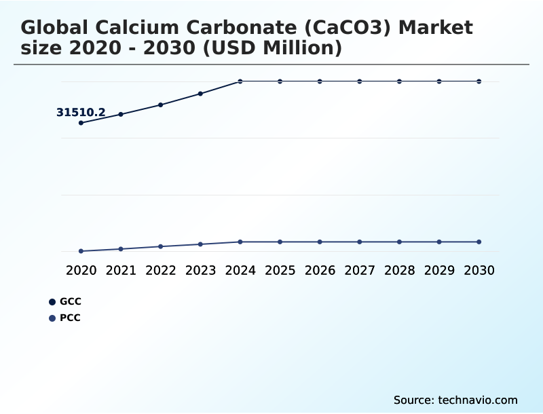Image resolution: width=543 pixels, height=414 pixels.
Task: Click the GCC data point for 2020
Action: [81, 123]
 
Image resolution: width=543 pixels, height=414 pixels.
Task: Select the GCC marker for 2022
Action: [161, 105]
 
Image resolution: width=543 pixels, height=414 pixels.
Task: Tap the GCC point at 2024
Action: [240, 81]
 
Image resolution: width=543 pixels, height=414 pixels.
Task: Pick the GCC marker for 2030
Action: [479, 81]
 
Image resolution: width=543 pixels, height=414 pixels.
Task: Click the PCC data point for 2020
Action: [81, 251]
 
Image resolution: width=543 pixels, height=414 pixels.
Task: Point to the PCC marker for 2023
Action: [200, 244]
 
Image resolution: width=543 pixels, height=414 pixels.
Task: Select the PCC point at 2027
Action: [360, 242]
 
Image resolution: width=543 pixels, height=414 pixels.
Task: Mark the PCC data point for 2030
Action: [479, 242]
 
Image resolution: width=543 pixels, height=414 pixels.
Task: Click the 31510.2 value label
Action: [81, 113]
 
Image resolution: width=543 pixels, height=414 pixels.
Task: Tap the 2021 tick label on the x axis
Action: [121, 270]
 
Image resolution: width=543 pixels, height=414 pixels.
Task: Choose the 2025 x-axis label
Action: [280, 270]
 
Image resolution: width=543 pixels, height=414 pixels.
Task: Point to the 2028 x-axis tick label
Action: [399, 270]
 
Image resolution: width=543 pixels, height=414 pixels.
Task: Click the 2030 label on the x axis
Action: [479, 270]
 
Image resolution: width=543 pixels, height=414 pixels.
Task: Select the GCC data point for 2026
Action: [320, 81]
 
